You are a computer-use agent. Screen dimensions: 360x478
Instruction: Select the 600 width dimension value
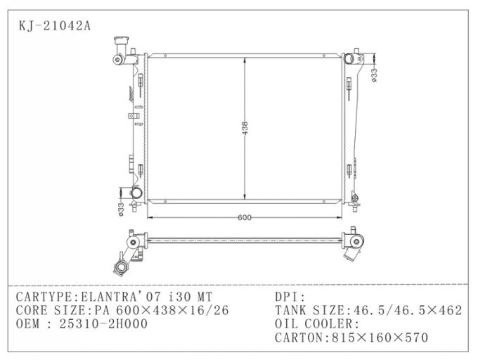click(245, 217)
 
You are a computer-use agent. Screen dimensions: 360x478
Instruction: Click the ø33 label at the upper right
click(375, 74)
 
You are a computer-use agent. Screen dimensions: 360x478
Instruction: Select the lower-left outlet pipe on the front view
click(129, 193)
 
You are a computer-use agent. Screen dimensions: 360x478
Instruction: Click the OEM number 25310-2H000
click(103, 324)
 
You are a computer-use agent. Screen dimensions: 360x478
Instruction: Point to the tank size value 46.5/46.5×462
click(404, 310)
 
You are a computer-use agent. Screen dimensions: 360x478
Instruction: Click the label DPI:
click(290, 296)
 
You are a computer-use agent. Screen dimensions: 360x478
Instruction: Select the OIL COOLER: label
click(316, 324)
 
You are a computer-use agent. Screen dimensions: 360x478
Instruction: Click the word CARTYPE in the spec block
click(41, 296)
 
